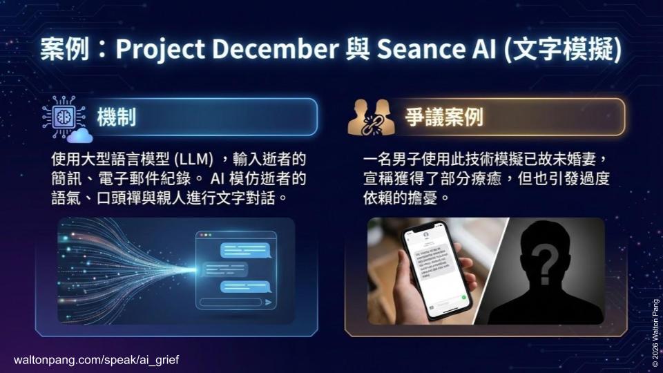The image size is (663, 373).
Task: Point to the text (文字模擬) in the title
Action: point(562,50)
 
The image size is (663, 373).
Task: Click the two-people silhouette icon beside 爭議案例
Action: point(370,117)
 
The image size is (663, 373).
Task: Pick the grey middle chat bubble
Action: point(226,268)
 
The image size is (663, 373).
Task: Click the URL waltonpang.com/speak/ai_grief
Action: point(97,360)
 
